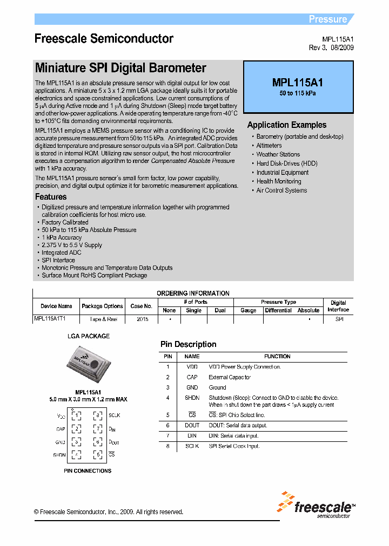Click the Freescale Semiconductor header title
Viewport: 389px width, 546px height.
pyautogui.click(x=104, y=39)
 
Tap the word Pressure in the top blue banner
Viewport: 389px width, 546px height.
pyautogui.click(x=327, y=19)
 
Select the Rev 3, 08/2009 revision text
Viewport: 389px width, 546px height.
pyautogui.click(x=331, y=47)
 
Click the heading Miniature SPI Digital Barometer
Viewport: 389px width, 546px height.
pyautogui.click(x=120, y=69)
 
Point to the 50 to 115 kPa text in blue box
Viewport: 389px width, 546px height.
pyautogui.click(x=298, y=93)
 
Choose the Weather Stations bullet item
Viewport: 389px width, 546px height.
pyautogui.click(x=278, y=154)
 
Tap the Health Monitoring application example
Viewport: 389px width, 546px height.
pyautogui.click(x=278, y=181)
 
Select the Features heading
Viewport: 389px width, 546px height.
pyautogui.click(x=51, y=197)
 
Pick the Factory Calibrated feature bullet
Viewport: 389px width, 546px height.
pyautogui.click(x=65, y=222)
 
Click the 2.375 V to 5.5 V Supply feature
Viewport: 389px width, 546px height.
pyautogui.click(x=72, y=245)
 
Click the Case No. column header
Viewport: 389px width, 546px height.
pyautogui.click(x=141, y=306)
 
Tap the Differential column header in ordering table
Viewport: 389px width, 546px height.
pyautogui.click(x=278, y=310)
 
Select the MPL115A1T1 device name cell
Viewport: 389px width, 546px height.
pyautogui.click(x=50, y=319)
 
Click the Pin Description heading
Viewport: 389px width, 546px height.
pyautogui.click(x=188, y=344)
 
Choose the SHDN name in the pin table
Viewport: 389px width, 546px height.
pyautogui.click(x=192, y=398)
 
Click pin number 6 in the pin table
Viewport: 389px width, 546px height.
pyautogui.click(x=168, y=425)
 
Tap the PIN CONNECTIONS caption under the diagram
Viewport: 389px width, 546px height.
pyautogui.click(x=88, y=470)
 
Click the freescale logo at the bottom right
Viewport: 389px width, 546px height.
pyautogui.click(x=316, y=505)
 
